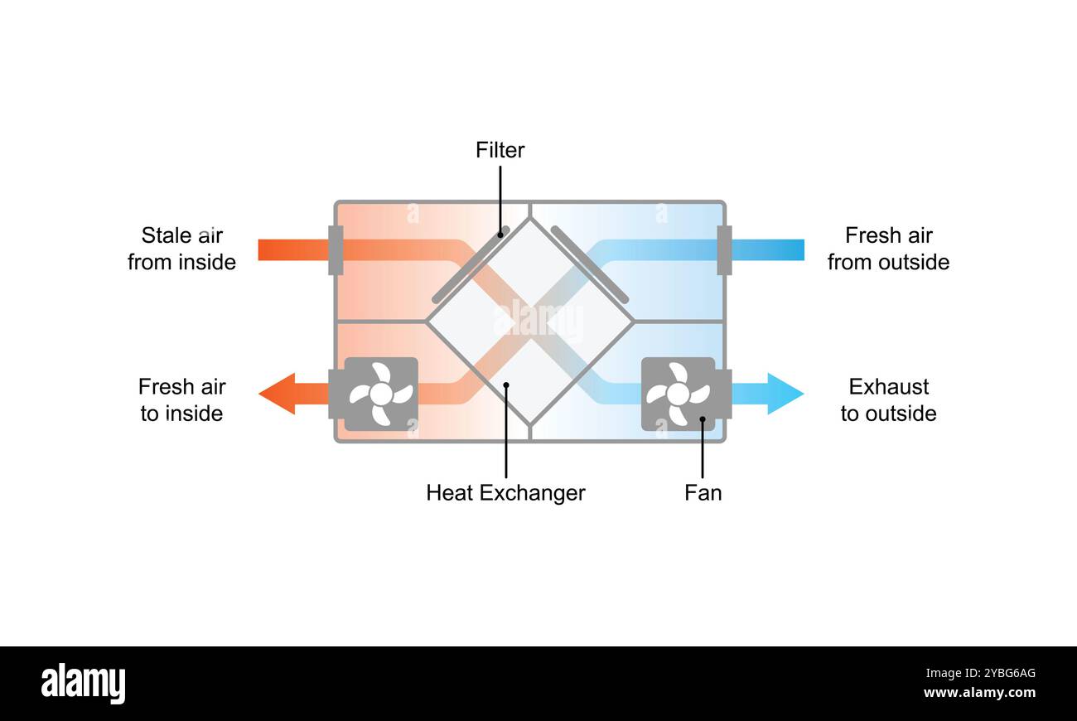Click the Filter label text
[x=500, y=150]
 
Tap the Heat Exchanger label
[x=505, y=493]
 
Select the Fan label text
[x=703, y=493]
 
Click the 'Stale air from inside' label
[x=181, y=249]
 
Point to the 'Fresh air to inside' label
[x=181, y=400]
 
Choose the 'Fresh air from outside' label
[x=888, y=249]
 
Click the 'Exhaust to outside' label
[x=888, y=400]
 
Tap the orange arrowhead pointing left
[x=278, y=394]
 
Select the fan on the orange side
[x=380, y=394]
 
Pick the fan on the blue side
[x=678, y=394]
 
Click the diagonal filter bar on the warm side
[x=471, y=265]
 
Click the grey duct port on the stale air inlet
[x=336, y=249]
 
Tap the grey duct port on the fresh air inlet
[x=724, y=249]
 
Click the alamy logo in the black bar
[x=83, y=684]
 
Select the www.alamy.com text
[x=979, y=694]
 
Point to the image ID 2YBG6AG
[x=1002, y=673]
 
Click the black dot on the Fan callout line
[x=703, y=419]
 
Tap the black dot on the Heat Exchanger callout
[x=506, y=384]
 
